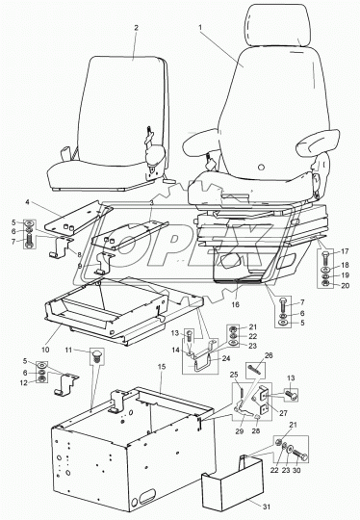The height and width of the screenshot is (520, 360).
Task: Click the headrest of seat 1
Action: pyautogui.click(x=278, y=26)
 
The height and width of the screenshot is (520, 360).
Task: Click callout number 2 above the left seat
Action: pyautogui.click(x=136, y=28)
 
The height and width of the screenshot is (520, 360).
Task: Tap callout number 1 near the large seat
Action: pyautogui.click(x=200, y=28)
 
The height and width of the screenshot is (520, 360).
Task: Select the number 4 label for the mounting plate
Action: pyautogui.click(x=28, y=202)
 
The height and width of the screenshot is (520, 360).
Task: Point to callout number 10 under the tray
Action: pyautogui.click(x=45, y=350)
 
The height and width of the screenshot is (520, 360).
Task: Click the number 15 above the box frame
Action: pyautogui.click(x=162, y=367)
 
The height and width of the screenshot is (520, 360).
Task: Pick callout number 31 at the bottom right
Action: pyautogui.click(x=267, y=507)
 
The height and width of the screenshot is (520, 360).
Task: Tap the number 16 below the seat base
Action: pyautogui.click(x=235, y=304)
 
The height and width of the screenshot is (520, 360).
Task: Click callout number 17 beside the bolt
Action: pyautogui.click(x=346, y=251)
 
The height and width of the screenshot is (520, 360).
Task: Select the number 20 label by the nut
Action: pyautogui.click(x=346, y=285)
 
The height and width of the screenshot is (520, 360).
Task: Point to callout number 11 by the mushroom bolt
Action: pyautogui.click(x=68, y=350)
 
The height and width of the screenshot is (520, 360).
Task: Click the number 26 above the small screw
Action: pyautogui.click(x=269, y=355)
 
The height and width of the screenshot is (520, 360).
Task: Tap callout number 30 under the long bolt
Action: pyautogui.click(x=296, y=470)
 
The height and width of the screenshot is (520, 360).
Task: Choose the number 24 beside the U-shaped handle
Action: pyautogui.click(x=226, y=358)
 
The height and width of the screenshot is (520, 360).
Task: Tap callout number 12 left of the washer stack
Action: pyautogui.click(x=24, y=383)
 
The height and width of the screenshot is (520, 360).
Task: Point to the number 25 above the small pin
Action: pyautogui.click(x=234, y=375)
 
